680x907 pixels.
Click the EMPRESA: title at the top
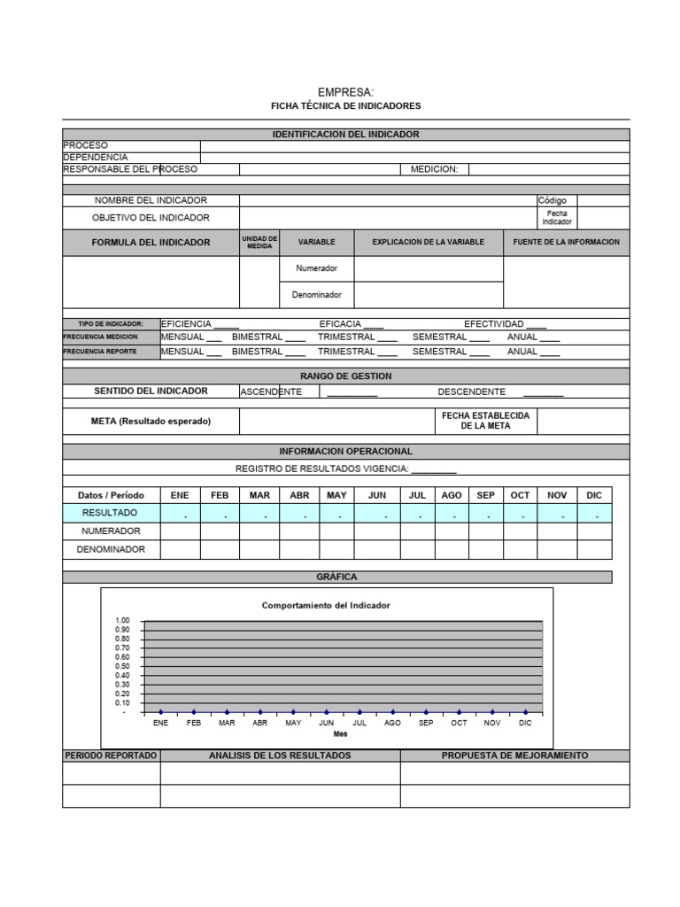point(345,92)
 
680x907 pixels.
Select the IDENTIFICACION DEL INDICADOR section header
point(345,135)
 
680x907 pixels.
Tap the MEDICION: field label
point(434,169)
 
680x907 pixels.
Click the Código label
point(552,201)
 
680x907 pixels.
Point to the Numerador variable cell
point(316,268)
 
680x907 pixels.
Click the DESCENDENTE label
point(472,391)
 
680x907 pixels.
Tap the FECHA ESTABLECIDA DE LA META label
point(485,421)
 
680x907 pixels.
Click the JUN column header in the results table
point(377,495)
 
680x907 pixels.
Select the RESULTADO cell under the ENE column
point(180,514)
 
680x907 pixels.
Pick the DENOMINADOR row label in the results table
point(111,550)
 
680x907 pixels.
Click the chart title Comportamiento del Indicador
point(326,606)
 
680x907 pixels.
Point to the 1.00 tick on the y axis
point(122,620)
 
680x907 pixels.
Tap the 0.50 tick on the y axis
point(122,666)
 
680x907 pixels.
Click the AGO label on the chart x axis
point(392,724)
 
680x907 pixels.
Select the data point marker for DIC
point(526,711)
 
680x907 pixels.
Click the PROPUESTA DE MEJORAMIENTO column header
point(514,756)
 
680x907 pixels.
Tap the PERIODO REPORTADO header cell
point(111,756)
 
